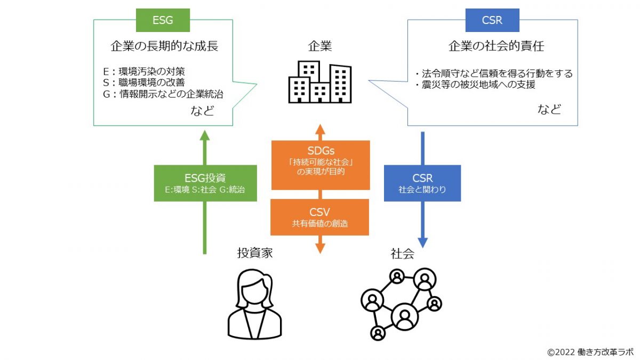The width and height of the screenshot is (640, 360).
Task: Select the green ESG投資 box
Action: (x=205, y=183)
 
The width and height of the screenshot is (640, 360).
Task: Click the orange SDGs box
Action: (x=320, y=165)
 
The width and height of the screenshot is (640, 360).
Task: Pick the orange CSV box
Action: (x=320, y=217)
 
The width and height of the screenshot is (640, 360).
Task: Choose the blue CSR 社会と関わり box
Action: (x=422, y=183)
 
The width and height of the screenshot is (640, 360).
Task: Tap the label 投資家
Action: (x=254, y=253)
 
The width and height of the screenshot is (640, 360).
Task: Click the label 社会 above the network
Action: (x=402, y=253)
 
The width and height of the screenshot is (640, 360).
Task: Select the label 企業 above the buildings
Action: (x=320, y=46)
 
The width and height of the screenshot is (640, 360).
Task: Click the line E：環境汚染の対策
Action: (x=144, y=71)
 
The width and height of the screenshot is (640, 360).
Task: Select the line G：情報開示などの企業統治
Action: (x=163, y=94)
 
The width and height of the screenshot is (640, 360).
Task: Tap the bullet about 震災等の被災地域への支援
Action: (x=474, y=85)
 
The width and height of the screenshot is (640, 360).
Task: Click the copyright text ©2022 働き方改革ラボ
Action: (x=590, y=352)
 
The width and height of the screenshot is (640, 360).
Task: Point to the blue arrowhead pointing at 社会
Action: (x=422, y=243)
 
